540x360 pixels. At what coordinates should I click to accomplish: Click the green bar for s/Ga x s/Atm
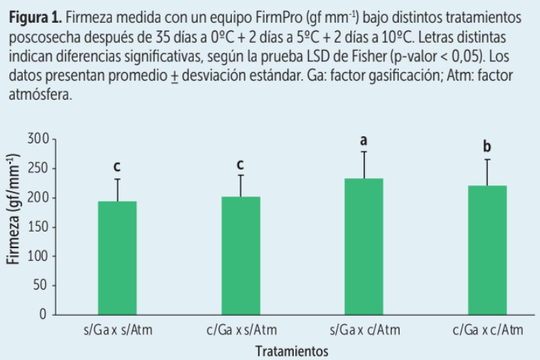[x=117, y=257]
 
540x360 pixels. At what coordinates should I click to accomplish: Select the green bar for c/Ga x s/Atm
[x=240, y=255]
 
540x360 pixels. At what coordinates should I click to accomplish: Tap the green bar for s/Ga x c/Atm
[x=364, y=246]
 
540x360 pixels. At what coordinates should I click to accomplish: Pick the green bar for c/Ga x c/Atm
[x=487, y=250]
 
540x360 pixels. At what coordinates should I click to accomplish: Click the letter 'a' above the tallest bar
[x=364, y=141]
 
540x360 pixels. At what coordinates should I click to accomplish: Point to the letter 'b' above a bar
[x=487, y=147]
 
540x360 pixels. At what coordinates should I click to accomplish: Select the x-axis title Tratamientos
[x=292, y=351]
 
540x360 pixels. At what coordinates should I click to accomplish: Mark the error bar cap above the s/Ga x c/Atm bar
[x=364, y=152]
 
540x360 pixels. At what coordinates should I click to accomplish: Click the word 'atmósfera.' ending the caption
[x=36, y=95]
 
